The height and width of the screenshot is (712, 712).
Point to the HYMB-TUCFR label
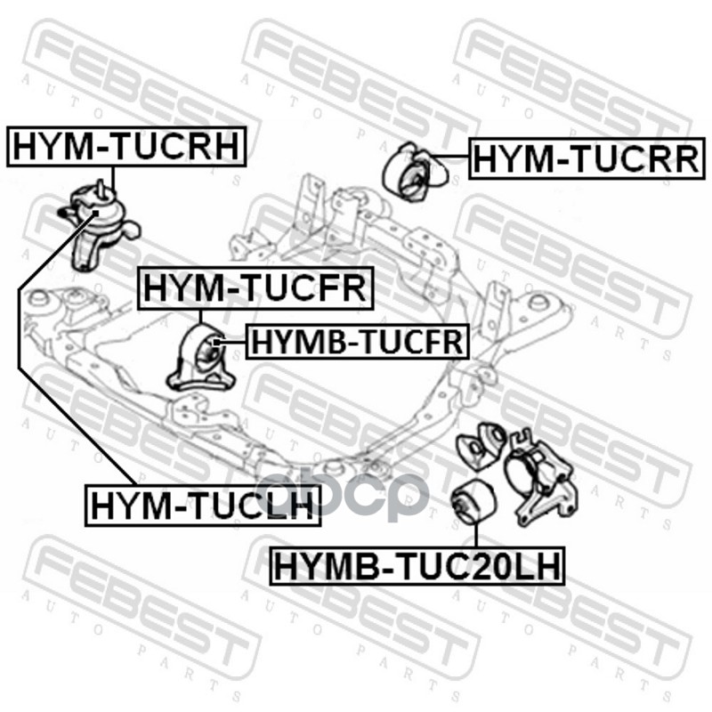tap(356, 340)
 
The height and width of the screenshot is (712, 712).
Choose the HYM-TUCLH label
tap(201, 506)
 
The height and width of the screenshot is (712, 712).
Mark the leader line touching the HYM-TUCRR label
tap(456, 158)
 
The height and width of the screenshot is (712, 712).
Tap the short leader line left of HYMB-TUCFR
tap(231, 341)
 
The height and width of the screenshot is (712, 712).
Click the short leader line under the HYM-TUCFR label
tap(201, 318)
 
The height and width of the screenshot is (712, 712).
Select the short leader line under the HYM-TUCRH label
tap(113, 176)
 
